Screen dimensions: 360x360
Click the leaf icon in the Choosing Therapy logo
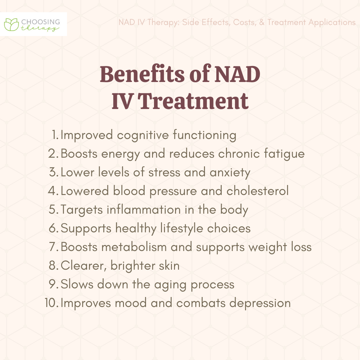11,24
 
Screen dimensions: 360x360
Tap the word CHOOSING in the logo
41,22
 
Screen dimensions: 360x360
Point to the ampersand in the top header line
262,22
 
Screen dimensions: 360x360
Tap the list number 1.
55,135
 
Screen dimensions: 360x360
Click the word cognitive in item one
143,135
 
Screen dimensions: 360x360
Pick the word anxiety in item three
230,173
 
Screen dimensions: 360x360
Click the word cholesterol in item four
257,191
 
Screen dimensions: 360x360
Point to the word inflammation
143,210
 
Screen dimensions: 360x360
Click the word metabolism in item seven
134,247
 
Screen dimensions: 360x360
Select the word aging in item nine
170,285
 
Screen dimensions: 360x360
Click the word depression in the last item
260,303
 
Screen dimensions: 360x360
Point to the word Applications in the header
332,23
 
